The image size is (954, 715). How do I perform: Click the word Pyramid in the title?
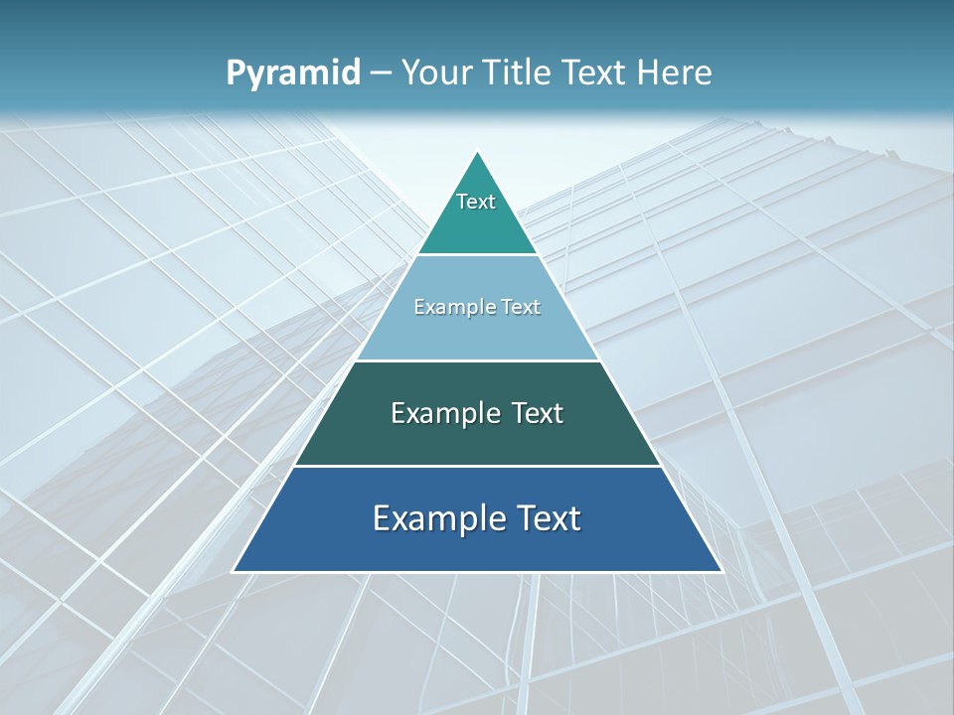(293, 73)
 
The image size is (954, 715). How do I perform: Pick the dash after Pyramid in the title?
(381, 73)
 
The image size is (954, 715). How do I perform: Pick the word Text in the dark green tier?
(538, 413)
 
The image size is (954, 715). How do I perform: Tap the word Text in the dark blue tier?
(548, 518)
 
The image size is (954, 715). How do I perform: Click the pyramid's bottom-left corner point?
(233, 572)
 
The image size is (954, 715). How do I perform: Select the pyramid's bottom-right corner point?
(722, 572)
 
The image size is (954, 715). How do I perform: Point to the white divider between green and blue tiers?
(477, 466)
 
